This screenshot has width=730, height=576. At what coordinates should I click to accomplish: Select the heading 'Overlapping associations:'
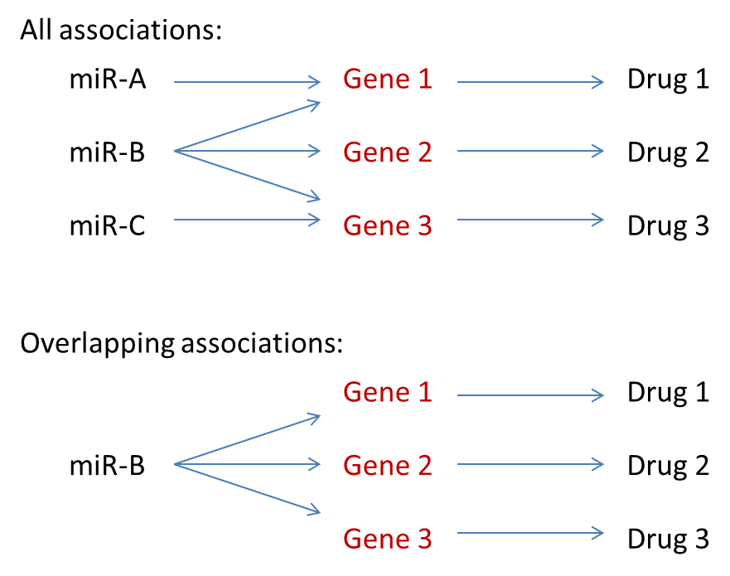[x=181, y=344]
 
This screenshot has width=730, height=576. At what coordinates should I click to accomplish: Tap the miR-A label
[x=109, y=80]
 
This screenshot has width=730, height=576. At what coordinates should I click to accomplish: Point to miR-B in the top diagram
[x=107, y=152]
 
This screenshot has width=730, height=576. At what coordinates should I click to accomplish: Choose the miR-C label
[x=108, y=225]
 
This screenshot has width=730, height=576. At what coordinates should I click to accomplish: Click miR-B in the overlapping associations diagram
[x=107, y=466]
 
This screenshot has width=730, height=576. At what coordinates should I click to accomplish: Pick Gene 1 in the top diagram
[x=388, y=80]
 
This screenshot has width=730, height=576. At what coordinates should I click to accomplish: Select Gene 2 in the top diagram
[x=388, y=152]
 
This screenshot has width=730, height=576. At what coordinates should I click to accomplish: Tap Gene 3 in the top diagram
[x=388, y=225]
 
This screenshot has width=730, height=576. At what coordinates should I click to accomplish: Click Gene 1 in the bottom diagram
[x=388, y=392]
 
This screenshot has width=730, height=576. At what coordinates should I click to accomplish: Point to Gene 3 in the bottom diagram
[x=388, y=540]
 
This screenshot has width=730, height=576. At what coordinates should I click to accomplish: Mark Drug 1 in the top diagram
[x=668, y=80]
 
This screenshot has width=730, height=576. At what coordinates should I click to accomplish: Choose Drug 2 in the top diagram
[x=668, y=152]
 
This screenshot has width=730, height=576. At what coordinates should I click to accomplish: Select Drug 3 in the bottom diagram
[x=668, y=540]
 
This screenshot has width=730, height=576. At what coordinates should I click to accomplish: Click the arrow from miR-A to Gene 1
[x=247, y=82]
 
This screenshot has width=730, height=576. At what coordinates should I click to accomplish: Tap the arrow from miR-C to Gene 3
[x=247, y=220]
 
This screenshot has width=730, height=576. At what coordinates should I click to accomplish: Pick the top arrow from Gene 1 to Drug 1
[x=530, y=82]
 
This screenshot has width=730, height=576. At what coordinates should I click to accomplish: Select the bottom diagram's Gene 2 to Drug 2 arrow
[x=530, y=464]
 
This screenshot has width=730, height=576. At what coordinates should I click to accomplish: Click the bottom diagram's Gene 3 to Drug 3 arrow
[x=530, y=535]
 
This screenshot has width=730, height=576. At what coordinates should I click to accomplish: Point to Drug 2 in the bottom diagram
[x=668, y=466]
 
